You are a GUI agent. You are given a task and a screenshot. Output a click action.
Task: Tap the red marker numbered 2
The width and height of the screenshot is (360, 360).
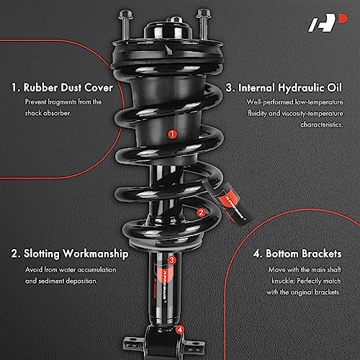pyautogui.click(x=201, y=212)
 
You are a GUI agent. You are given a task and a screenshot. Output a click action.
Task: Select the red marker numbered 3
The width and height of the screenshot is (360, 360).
pyautogui.click(x=171, y=260)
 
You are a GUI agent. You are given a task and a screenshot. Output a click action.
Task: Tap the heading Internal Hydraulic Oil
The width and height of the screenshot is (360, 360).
pyautogui.click(x=292, y=88)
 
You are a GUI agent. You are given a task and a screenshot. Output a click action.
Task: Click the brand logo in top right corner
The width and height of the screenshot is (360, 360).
pyautogui.click(x=330, y=26)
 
